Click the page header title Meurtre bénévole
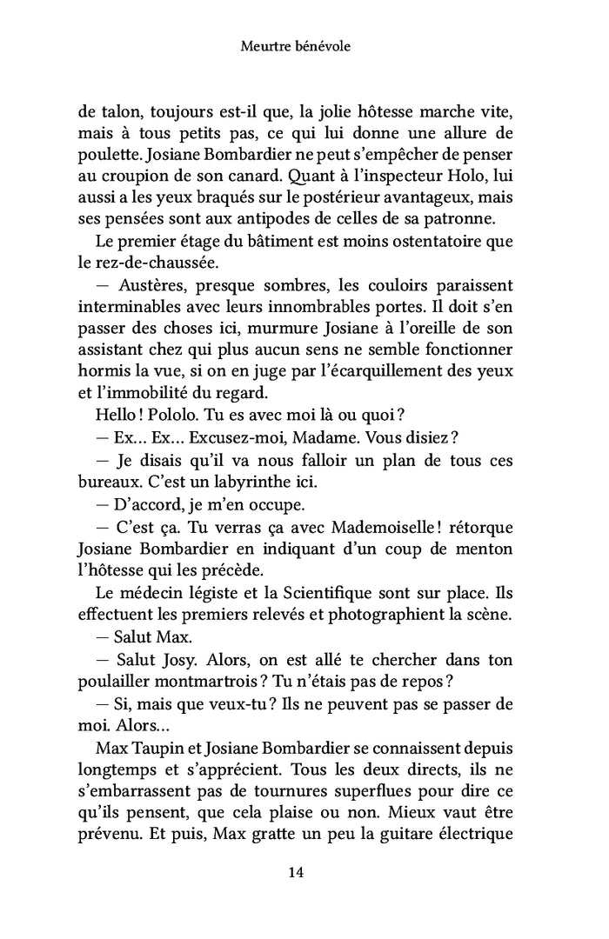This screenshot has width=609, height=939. point(295,47)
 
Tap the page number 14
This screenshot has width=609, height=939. point(295,873)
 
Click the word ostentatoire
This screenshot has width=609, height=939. point(419,239)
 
